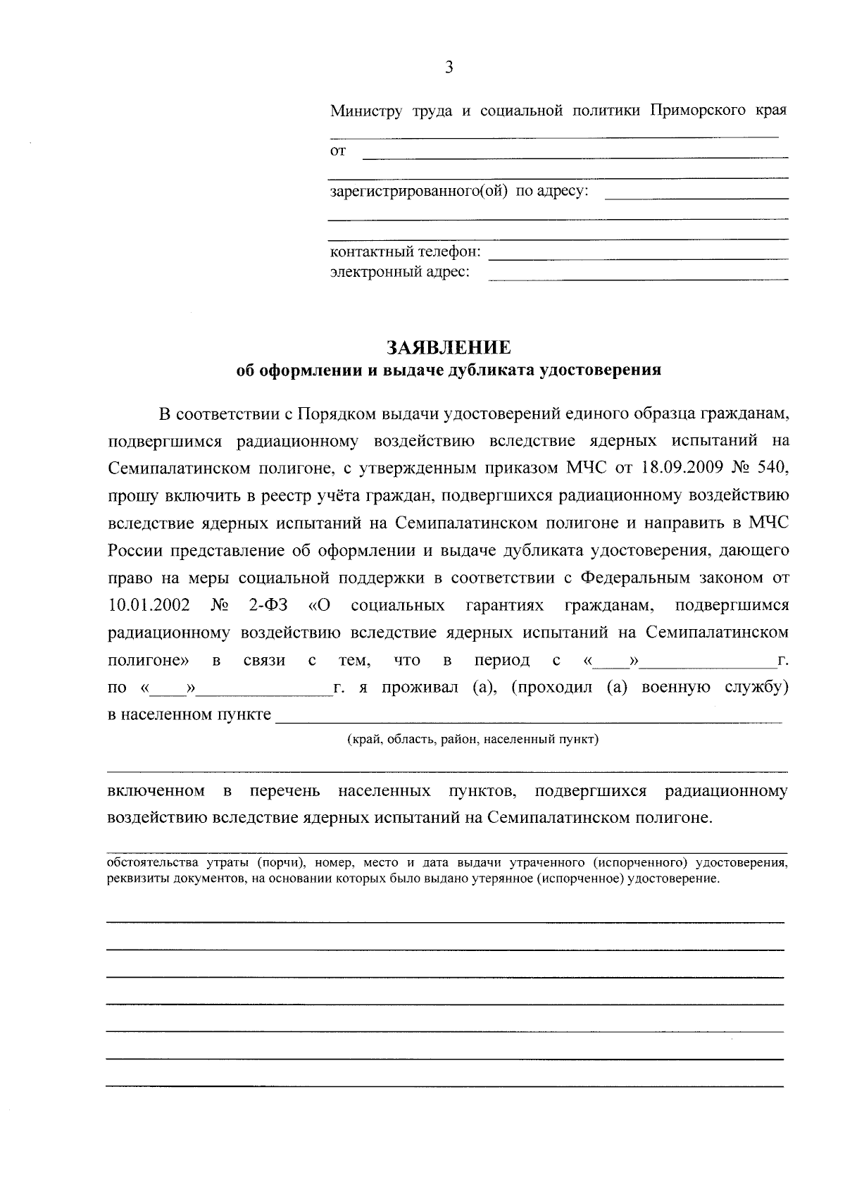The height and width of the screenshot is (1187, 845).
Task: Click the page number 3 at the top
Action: (x=449, y=68)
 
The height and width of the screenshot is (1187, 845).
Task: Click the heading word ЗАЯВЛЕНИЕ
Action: (x=448, y=347)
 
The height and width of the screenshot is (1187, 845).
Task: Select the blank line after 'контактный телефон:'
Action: (x=637, y=259)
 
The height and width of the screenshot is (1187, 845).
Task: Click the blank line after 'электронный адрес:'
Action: (x=637, y=279)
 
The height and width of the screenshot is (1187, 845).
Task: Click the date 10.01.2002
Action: (x=149, y=605)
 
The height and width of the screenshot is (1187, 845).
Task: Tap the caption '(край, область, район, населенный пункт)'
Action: (x=472, y=740)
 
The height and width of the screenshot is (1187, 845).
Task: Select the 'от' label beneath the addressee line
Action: (x=338, y=151)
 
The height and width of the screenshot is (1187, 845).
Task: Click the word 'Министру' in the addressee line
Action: (x=366, y=111)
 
